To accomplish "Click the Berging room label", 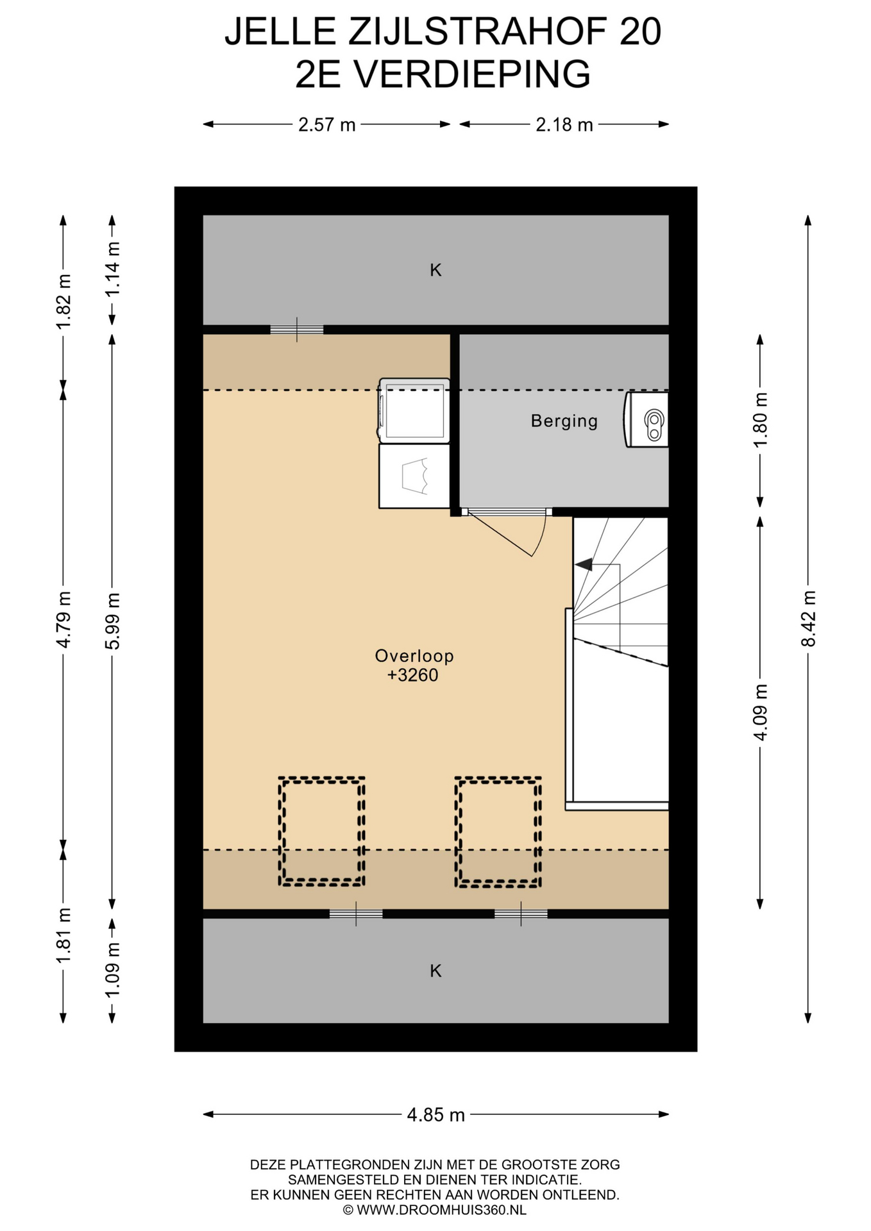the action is tap(564, 421).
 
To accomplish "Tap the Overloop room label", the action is tap(414, 656).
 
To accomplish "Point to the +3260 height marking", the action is tap(412, 675).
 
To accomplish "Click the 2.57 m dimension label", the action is tap(326, 124).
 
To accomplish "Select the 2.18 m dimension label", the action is tap(564, 124).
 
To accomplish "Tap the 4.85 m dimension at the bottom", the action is tap(436, 1115).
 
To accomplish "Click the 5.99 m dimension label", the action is tap(112, 621).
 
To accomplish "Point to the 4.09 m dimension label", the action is tap(760, 712).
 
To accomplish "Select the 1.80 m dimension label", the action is tap(760, 420).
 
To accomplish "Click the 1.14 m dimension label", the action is tap(112, 269).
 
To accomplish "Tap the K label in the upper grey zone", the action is tap(436, 271).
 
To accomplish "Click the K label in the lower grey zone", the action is tap(436, 971).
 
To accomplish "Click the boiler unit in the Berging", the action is tap(647, 419).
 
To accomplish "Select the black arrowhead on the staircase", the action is tap(584, 564).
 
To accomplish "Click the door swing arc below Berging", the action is tap(541, 539).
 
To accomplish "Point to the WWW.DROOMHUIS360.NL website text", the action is tap(442, 1210).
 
